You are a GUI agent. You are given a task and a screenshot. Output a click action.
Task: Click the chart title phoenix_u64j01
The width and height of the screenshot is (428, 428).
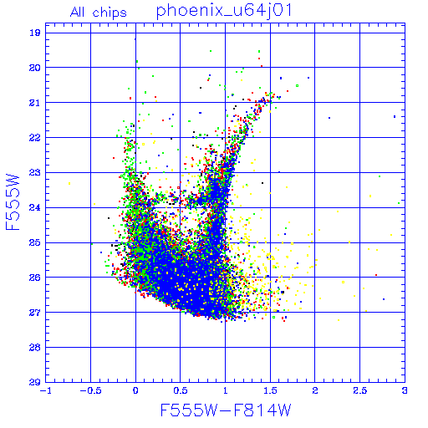(x=224, y=11)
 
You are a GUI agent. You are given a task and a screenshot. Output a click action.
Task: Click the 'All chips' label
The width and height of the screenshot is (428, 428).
(x=99, y=13)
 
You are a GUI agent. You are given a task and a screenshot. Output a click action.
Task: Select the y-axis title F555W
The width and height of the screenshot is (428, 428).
(x=13, y=202)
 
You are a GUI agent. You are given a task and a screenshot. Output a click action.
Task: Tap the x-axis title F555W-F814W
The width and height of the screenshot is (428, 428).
(x=226, y=410)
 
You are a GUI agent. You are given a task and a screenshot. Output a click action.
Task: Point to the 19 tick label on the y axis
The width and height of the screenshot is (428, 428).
(x=35, y=33)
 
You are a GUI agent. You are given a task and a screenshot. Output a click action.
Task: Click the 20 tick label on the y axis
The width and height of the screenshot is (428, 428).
(x=35, y=68)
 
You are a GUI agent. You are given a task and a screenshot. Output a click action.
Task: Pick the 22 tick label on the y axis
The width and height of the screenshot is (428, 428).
(x=35, y=138)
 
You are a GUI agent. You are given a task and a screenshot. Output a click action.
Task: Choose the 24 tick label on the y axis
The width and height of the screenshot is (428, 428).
(x=35, y=207)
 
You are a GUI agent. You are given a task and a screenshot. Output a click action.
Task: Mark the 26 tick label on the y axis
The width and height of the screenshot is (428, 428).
(x=35, y=278)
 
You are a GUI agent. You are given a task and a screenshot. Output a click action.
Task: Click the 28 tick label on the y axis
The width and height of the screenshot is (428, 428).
(x=35, y=348)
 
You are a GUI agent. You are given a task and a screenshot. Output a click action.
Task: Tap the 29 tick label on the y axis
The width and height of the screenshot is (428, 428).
(x=35, y=382)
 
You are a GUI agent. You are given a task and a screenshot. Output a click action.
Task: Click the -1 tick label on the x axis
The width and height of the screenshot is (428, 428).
(x=46, y=390)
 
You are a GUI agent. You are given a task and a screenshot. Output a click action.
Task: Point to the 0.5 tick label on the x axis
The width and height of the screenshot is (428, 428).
(x=181, y=390)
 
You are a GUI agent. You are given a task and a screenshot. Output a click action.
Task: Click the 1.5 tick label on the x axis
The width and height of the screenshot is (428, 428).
(x=270, y=390)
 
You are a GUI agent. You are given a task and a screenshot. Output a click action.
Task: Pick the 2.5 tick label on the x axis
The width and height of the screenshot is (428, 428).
(x=359, y=390)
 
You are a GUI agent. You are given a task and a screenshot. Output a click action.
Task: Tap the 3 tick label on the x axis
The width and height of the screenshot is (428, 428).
(x=405, y=390)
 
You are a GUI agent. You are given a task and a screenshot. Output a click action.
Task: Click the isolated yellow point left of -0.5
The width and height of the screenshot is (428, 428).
(x=69, y=183)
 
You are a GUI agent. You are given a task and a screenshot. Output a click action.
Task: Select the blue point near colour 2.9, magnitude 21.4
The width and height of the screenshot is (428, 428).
(x=395, y=116)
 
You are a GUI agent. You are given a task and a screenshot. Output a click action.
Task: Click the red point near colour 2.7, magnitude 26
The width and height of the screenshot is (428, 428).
(x=376, y=275)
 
